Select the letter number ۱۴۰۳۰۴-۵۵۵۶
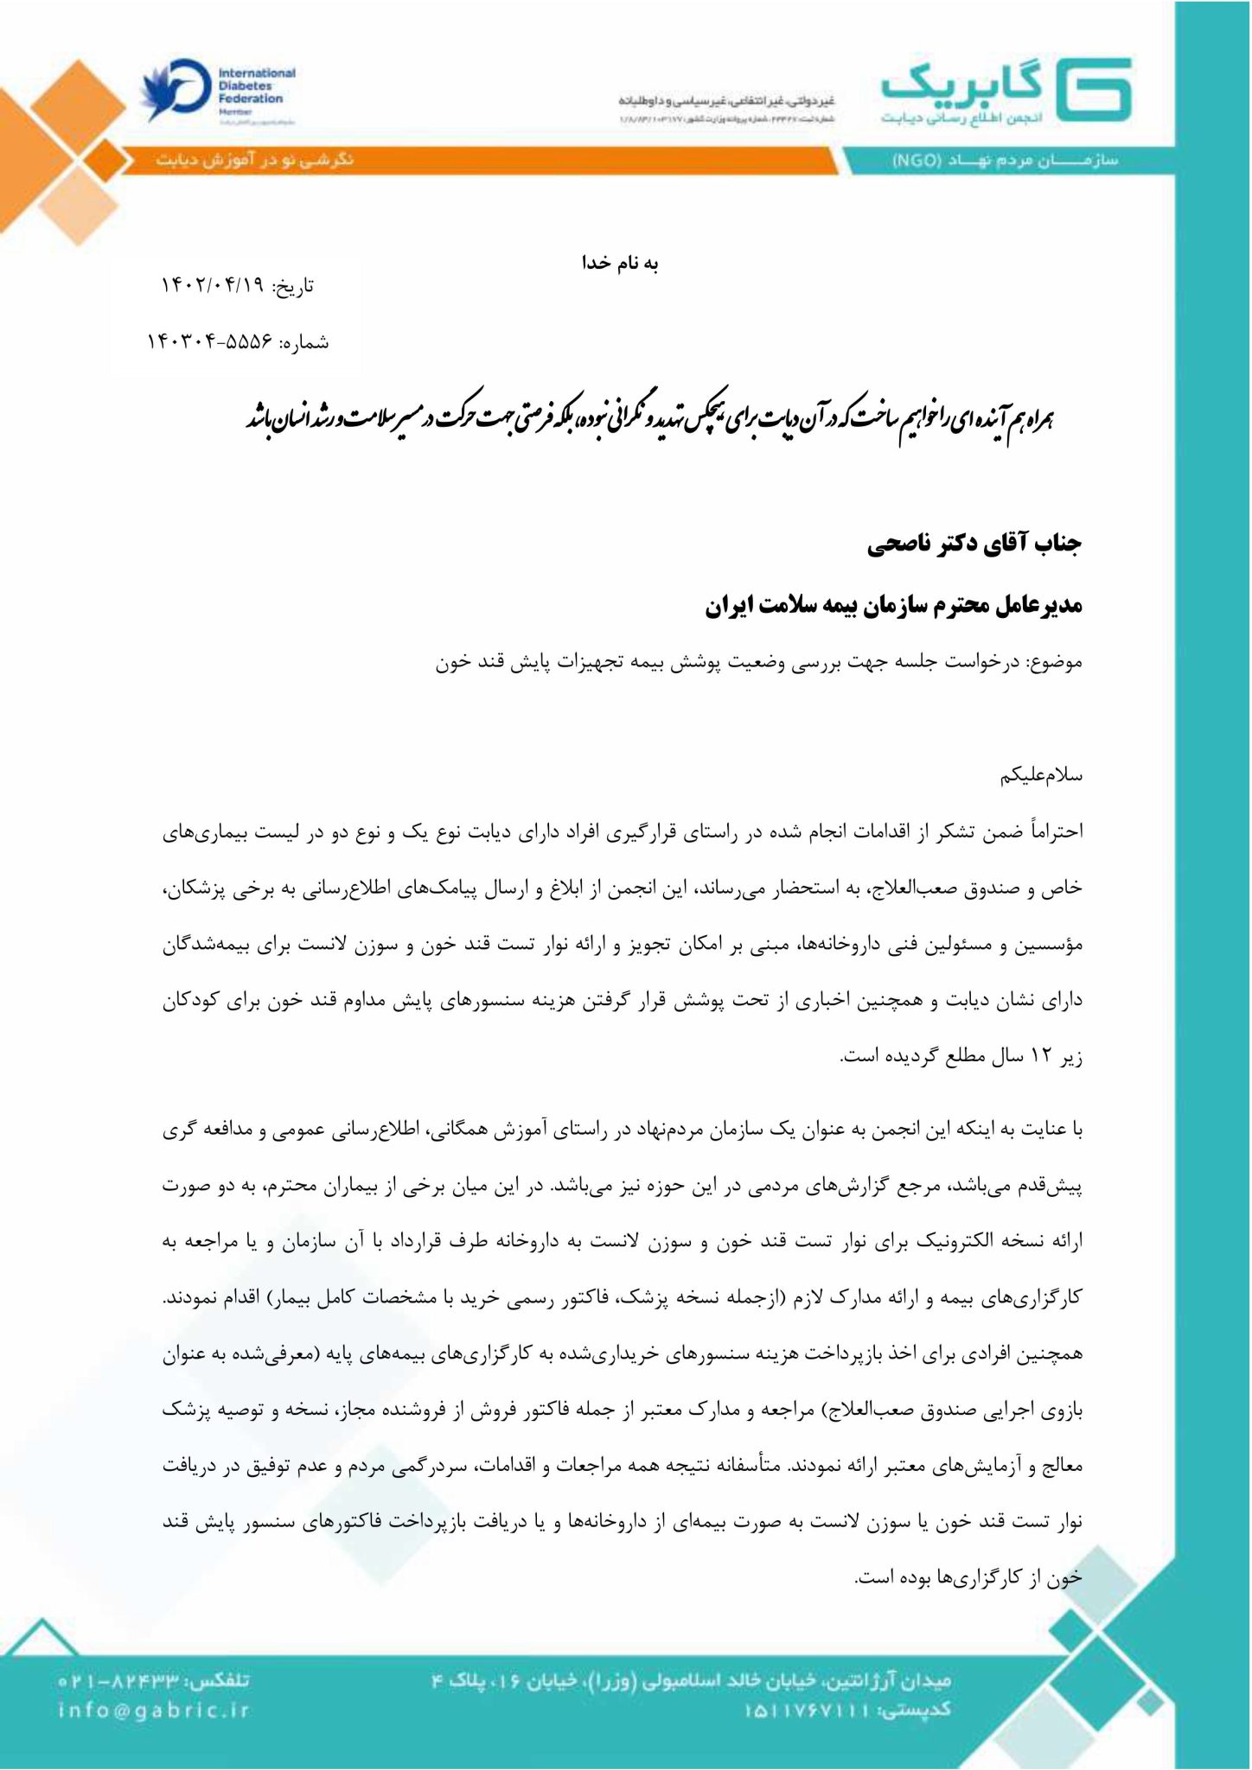point(208,342)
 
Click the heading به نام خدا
point(620,264)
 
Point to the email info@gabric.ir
point(154,1709)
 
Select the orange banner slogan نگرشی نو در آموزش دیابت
point(255,160)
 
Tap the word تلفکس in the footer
point(222,1681)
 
